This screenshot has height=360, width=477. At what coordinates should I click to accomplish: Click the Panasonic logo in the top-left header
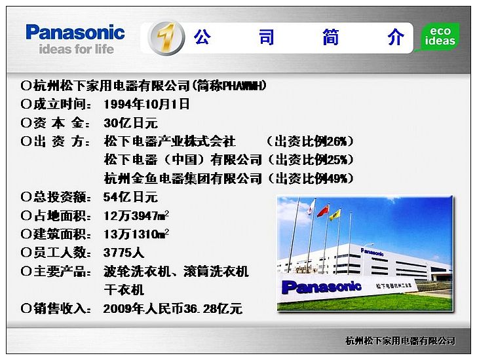pos(75,32)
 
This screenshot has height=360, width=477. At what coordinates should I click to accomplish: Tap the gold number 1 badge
pos(166,38)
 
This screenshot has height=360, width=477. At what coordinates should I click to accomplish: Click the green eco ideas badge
pos(440,36)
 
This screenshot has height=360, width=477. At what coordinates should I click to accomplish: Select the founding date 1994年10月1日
pos(146,104)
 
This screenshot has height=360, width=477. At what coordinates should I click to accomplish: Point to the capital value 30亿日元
pos(130,123)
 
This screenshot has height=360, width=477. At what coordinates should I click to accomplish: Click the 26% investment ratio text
pos(310,141)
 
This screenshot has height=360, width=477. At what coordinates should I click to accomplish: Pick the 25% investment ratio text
pos(310,160)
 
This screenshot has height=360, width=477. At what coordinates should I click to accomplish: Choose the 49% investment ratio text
pos(310,178)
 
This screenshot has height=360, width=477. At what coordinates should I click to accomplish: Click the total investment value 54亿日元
pos(130,197)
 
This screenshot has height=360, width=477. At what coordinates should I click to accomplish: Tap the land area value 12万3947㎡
pos(136,216)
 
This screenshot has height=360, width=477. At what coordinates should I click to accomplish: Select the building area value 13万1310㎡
pos(136,234)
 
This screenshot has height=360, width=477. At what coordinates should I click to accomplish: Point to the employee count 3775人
pos(123,253)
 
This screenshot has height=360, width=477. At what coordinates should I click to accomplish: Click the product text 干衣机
pos(124,290)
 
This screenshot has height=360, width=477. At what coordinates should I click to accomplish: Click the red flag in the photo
pos(323,211)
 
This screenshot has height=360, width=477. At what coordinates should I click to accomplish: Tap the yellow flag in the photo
pos(335,215)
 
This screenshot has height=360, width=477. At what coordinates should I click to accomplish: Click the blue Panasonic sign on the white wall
pos(321,287)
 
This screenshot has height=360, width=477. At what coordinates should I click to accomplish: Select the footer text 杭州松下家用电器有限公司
pos(400,341)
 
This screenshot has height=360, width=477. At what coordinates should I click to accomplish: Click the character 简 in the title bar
pos(331,37)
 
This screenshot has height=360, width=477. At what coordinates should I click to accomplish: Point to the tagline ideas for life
pos(77,49)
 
